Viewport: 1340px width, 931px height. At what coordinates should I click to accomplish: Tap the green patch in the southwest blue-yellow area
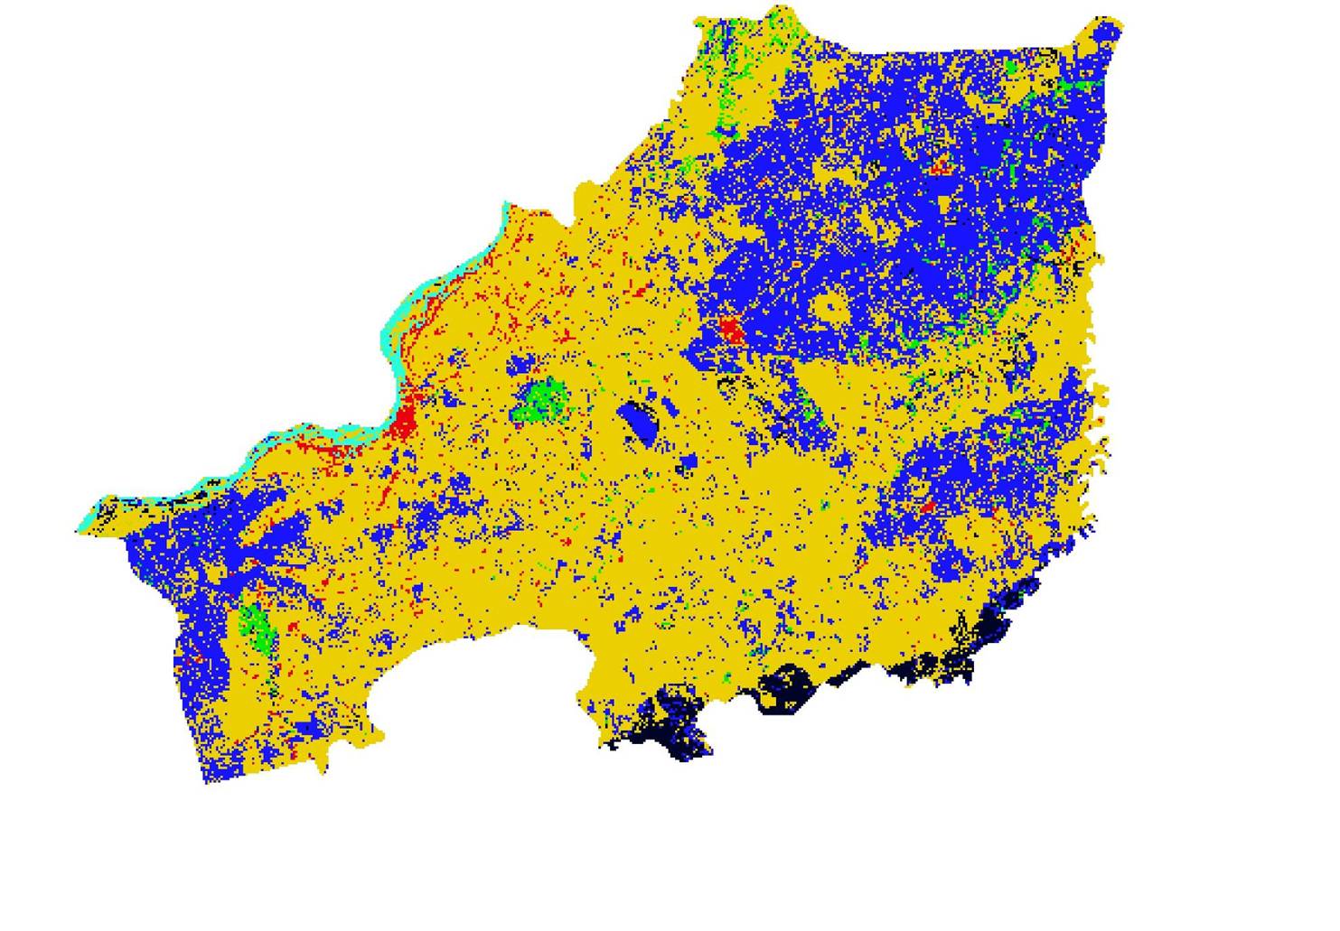click(x=256, y=624)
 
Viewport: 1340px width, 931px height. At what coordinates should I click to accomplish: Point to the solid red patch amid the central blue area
click(x=731, y=331)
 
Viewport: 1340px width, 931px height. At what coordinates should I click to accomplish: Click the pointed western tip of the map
click(x=79, y=529)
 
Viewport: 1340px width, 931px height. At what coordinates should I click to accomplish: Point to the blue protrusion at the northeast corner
click(x=1104, y=34)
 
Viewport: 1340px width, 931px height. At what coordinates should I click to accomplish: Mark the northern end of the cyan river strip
click(x=505, y=209)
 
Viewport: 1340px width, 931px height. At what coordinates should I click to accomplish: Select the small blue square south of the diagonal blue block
click(x=688, y=465)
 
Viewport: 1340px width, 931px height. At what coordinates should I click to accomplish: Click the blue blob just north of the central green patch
click(x=520, y=366)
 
